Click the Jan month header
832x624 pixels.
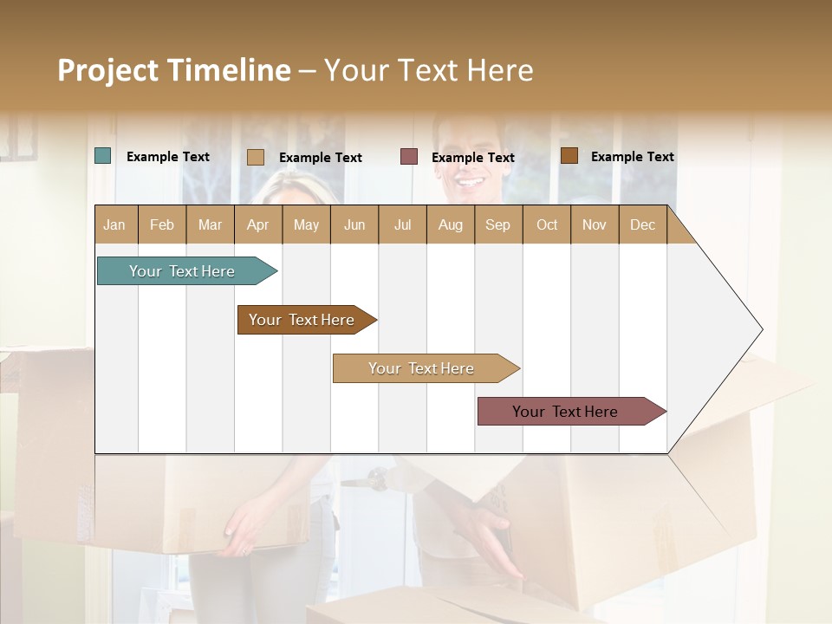115,225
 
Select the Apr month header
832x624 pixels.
258,225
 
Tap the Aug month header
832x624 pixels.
451,225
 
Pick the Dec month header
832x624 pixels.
642,225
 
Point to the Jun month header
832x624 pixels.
354,225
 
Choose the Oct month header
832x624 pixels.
547,225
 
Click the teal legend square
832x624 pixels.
103,156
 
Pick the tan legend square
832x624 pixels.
255,157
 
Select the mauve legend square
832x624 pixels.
409,157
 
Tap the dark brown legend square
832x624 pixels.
569,156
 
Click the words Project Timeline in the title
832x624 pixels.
173,70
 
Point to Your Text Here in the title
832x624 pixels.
428,70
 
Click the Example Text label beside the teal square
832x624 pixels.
168,157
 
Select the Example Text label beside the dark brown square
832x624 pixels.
633,157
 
